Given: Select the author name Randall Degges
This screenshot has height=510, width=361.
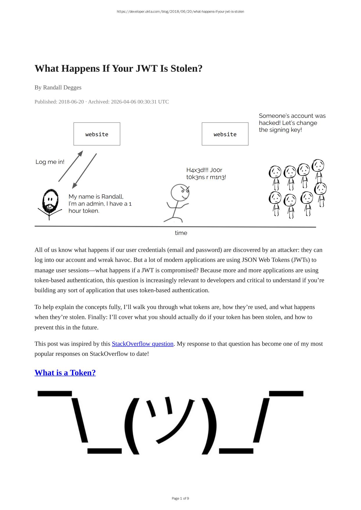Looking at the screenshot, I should [x=62, y=87].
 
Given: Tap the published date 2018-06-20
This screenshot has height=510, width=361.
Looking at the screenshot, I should [x=71, y=102].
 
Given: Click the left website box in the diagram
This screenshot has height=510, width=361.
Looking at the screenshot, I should [x=97, y=134].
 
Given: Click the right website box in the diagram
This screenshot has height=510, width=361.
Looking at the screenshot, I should [x=225, y=134].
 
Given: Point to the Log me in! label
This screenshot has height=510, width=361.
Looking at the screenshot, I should [x=50, y=162].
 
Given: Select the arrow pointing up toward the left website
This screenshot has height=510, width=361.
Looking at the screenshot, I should [x=71, y=166].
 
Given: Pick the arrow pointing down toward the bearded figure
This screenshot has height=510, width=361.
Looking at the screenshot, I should [x=84, y=171].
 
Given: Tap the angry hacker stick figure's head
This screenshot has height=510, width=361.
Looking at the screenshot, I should [x=180, y=192].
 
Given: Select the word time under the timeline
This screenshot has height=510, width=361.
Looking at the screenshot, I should [x=181, y=233].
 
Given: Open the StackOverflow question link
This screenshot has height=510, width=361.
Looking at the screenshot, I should [x=142, y=344].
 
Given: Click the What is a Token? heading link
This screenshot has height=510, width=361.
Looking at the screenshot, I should [x=65, y=373].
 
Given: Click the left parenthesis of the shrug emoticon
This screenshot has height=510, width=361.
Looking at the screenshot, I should [x=132, y=425].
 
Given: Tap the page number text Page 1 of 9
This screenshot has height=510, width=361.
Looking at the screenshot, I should [x=180, y=498].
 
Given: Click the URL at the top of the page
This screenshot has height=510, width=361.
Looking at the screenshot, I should [x=180, y=12].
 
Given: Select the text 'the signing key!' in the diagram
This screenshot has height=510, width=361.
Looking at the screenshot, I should [x=280, y=130].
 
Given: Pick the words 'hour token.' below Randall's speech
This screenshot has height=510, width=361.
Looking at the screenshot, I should [x=84, y=211].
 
